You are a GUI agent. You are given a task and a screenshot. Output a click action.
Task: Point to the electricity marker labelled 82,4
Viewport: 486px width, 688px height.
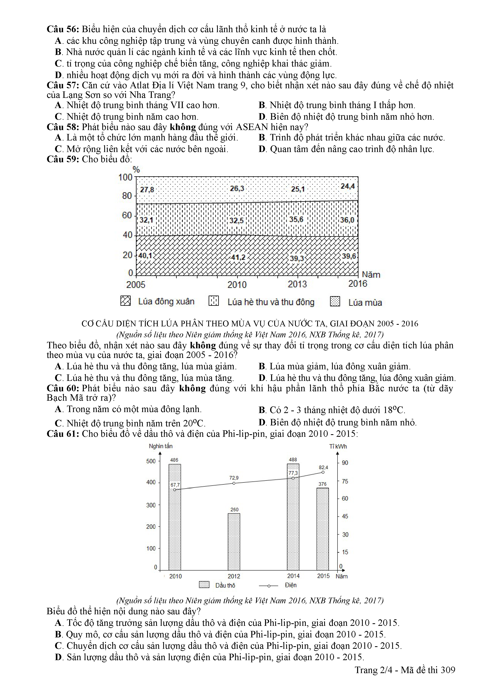[x=323, y=472]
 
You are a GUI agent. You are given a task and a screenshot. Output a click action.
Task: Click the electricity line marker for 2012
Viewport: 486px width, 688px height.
[x=234, y=483]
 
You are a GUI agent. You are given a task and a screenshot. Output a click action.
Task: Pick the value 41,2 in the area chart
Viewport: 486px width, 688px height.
[x=238, y=257]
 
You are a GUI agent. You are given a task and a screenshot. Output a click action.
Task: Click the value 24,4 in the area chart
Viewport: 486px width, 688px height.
[x=348, y=186]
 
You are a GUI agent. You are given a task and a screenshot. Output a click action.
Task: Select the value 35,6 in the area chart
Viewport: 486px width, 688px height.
[x=296, y=219]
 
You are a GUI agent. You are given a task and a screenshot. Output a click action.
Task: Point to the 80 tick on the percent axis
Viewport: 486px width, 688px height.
[x=127, y=196]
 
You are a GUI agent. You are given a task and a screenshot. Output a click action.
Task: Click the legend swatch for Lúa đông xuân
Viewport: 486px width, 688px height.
[x=125, y=301]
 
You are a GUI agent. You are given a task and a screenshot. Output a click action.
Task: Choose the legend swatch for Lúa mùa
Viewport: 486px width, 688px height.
[x=335, y=301]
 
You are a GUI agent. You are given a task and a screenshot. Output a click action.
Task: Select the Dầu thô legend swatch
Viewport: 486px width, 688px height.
[x=204, y=585]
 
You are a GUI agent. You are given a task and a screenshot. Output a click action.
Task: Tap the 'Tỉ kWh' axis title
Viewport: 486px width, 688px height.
[x=338, y=447]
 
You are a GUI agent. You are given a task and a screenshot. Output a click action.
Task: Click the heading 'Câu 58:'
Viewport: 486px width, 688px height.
[x=63, y=127]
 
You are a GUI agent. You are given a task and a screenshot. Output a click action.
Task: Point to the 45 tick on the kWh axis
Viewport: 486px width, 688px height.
[x=345, y=516]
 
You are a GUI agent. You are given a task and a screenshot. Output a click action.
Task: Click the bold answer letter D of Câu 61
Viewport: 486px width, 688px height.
[x=58, y=657]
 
